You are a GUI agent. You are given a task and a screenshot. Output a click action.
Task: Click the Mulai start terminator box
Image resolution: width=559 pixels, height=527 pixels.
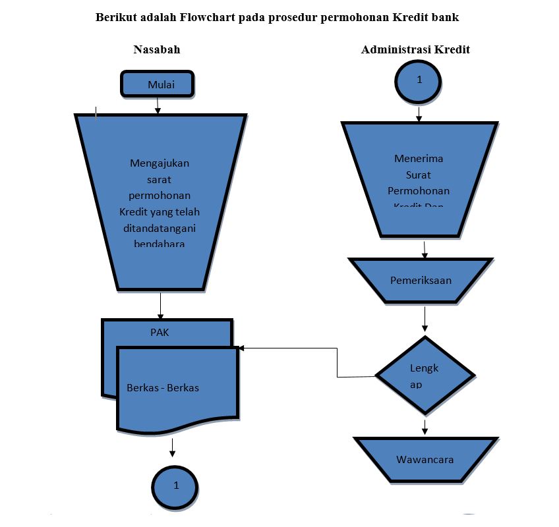tap(157, 85)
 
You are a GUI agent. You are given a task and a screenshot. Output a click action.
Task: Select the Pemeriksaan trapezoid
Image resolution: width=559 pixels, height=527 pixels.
tap(421, 281)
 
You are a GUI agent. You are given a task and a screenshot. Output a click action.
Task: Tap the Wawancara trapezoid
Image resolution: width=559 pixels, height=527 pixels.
tap(425, 460)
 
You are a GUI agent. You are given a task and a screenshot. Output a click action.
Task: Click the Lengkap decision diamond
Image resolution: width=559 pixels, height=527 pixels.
tap(425, 376)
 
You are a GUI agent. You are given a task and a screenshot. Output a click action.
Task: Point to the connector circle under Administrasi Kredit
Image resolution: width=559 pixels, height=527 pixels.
tap(419, 80)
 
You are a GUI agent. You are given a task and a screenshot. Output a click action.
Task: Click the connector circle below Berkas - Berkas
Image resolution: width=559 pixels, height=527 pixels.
tap(175, 486)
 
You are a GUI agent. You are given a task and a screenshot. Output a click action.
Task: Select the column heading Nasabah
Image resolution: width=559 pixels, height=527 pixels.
tap(157, 50)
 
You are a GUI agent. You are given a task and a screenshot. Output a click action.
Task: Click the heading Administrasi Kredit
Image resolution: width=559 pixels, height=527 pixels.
tap(415, 50)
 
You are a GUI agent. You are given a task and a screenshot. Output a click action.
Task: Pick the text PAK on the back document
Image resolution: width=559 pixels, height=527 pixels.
tap(160, 333)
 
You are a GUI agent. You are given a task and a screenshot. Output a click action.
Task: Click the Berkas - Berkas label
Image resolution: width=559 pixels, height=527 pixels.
tap(162, 388)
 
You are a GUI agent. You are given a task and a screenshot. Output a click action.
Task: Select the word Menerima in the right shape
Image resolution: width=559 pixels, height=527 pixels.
tap(419, 159)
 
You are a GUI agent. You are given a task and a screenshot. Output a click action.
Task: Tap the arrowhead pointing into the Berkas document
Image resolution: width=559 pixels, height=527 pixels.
tap(242, 348)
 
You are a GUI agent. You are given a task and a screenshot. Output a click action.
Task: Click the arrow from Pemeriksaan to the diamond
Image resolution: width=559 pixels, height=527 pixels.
tap(425, 319)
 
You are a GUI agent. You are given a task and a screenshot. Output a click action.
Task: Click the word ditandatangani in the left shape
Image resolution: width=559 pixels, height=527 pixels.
tap(160, 228)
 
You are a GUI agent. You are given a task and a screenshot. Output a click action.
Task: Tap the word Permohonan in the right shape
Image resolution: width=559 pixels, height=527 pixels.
tap(419, 191)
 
